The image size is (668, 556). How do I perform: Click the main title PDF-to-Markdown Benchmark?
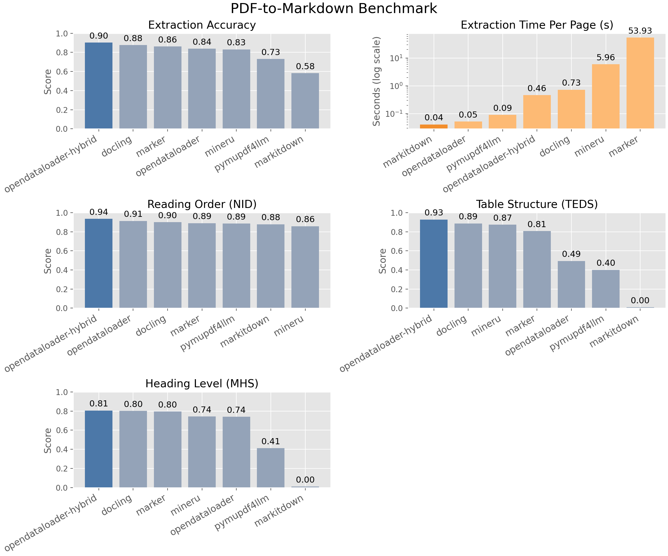334,9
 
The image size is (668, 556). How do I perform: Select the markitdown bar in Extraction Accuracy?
305,101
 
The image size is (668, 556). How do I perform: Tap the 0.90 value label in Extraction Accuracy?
99,36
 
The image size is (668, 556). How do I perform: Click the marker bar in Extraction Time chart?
640,83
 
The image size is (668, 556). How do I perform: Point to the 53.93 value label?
640,31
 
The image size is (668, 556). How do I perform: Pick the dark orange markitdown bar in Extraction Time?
434,126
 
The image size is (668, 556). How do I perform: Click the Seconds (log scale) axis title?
377,81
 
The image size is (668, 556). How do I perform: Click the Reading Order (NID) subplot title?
202,204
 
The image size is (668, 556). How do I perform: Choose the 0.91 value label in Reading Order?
133,214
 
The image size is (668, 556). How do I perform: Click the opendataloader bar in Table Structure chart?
571,284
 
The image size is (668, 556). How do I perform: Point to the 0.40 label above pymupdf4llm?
606,263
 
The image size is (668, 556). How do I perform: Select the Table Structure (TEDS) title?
537,204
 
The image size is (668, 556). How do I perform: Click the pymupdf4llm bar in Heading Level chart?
271,468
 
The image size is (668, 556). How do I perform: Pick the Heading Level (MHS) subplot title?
202,384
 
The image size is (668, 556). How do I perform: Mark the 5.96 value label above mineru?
606,58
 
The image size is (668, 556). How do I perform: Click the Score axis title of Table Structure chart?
383,261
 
